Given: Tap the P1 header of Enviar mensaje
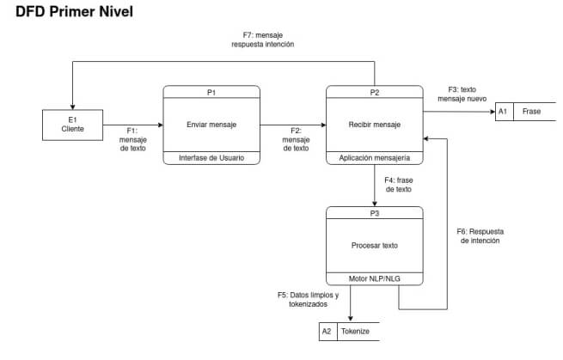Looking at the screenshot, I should tap(211, 91).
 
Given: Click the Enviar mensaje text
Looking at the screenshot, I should tap(211, 125).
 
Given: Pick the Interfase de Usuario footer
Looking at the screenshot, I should tap(211, 157).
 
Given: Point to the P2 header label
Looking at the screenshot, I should tap(375, 91).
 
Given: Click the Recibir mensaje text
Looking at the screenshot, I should tap(375, 125).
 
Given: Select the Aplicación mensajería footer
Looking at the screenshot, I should tap(375, 157).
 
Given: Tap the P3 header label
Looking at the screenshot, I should tap(375, 211).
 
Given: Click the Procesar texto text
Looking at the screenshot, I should tap(375, 245).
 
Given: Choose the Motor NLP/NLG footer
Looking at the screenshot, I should tap(375, 278).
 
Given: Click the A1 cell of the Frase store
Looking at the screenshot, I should tap(504, 112).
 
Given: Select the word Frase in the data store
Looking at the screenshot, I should tap(531, 112).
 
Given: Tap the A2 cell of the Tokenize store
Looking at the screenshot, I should tap(327, 331).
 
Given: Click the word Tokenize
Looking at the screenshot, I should tap(356, 331).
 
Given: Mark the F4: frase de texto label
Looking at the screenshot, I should tap(398, 184).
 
